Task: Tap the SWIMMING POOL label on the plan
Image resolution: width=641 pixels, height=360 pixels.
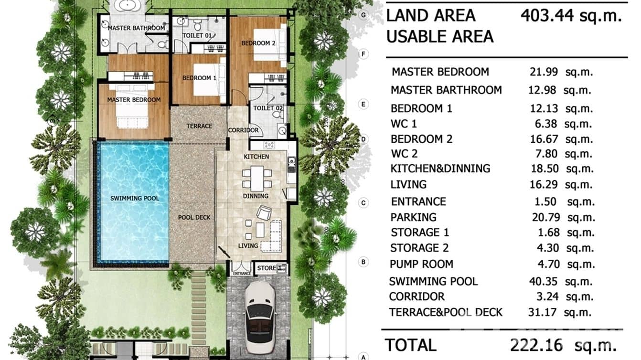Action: point(135,198)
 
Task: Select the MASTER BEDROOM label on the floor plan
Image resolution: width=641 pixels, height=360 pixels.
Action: point(134,100)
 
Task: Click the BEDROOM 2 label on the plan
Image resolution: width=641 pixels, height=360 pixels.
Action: point(258,43)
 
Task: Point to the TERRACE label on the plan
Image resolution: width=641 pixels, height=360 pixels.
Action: point(199,126)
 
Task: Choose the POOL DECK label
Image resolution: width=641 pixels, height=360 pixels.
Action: point(194,217)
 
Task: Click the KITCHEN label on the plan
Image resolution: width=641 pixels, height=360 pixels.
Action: point(256,157)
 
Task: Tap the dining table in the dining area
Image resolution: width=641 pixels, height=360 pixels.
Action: point(257,178)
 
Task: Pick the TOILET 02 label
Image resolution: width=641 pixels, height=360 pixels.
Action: point(268,108)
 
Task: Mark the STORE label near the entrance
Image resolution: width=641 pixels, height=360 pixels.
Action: point(267,268)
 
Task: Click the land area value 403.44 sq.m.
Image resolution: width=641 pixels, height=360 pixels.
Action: point(571,16)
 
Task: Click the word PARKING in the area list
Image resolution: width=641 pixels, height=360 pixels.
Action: point(413,217)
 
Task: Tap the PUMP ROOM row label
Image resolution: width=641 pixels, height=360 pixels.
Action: point(421,264)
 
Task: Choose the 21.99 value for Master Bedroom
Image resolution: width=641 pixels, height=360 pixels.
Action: point(543,72)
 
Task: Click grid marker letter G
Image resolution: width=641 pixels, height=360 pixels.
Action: point(363,15)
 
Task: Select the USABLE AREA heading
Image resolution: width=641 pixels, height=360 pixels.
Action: point(439,37)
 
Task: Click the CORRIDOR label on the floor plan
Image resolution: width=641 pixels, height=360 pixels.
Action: point(243,130)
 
